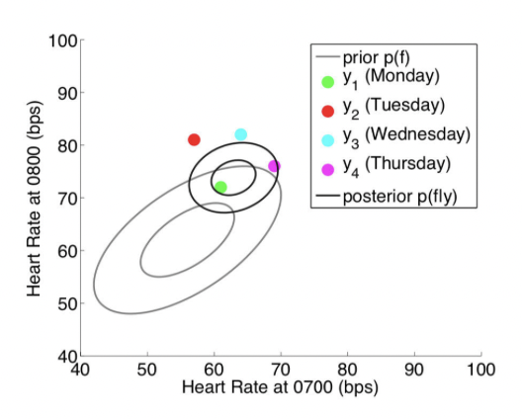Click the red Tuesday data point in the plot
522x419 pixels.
pyautogui.click(x=194, y=139)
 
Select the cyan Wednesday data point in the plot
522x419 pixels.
pyautogui.click(x=240, y=134)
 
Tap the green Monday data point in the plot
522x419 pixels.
pyautogui.click(x=220, y=187)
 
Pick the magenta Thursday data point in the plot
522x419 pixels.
pyautogui.click(x=274, y=166)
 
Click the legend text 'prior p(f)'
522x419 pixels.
pyautogui.click(x=377, y=58)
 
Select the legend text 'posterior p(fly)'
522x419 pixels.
pyautogui.click(x=399, y=197)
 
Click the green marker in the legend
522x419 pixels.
pyautogui.click(x=328, y=82)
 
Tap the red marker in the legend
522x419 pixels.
pyautogui.click(x=328, y=111)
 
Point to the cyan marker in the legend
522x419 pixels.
pyautogui.click(x=328, y=140)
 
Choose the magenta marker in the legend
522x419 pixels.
pyautogui.click(x=328, y=169)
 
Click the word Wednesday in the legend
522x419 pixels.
pyautogui.click(x=418, y=134)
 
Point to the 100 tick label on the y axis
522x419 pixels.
pyautogui.click(x=63, y=42)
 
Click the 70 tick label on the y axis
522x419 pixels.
pyautogui.click(x=67, y=199)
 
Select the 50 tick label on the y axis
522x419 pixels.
pyautogui.click(x=67, y=303)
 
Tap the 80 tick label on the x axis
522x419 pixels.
pyautogui.click(x=348, y=370)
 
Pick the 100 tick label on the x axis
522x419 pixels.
pyautogui.click(x=481, y=370)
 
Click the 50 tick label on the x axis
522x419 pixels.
pyautogui.click(x=147, y=370)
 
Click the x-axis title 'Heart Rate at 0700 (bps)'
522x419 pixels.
pyautogui.click(x=281, y=387)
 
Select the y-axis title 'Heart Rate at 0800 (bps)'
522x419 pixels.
pyautogui.click(x=34, y=199)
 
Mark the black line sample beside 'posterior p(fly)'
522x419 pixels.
pyautogui.click(x=328, y=196)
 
